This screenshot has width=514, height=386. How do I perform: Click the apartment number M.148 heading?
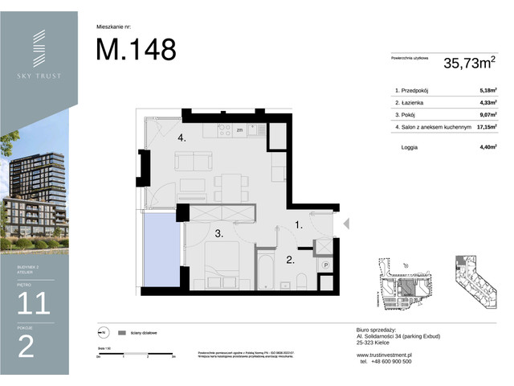[x=136, y=49]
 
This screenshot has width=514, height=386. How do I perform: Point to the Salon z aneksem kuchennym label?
[x=431, y=126]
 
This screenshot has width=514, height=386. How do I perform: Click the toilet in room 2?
[x=302, y=281]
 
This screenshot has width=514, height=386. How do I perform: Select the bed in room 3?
[x=219, y=269]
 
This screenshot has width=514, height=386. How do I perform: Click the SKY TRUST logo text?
[x=39, y=76]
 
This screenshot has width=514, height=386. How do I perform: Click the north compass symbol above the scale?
[x=103, y=332]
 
